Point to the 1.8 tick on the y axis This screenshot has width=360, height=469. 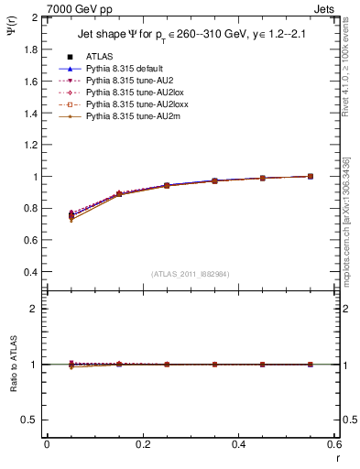coord(29,49)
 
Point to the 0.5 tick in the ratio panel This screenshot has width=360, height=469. coord(29,420)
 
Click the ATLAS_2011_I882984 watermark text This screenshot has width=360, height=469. coord(190,274)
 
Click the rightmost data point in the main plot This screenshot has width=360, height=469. coord(310,176)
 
